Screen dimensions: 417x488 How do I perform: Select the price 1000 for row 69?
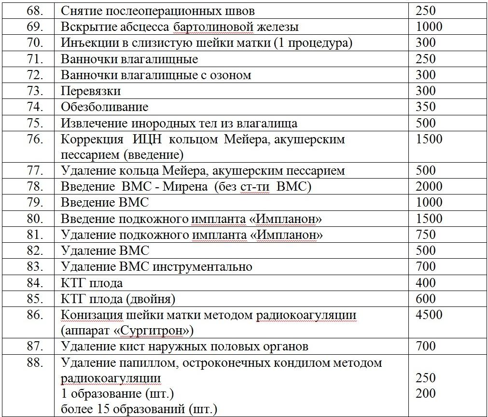pos(429,27)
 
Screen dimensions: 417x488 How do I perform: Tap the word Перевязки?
pos(91,91)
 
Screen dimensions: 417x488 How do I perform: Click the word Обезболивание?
pos(105,107)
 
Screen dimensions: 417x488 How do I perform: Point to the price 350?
pos(425,107)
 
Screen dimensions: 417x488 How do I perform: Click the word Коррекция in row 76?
pos(92,139)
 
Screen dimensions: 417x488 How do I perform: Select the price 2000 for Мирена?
pos(429,186)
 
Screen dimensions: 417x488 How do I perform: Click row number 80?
pos(35,219)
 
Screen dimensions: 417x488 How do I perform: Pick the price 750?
pos(425,235)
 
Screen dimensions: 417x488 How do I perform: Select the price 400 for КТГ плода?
pos(425,282)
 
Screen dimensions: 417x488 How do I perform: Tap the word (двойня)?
pos(151,299)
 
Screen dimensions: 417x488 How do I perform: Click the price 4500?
pos(429,315)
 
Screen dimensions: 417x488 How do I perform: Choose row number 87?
pos(35,346)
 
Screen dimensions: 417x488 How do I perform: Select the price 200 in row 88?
pos(425,393)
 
